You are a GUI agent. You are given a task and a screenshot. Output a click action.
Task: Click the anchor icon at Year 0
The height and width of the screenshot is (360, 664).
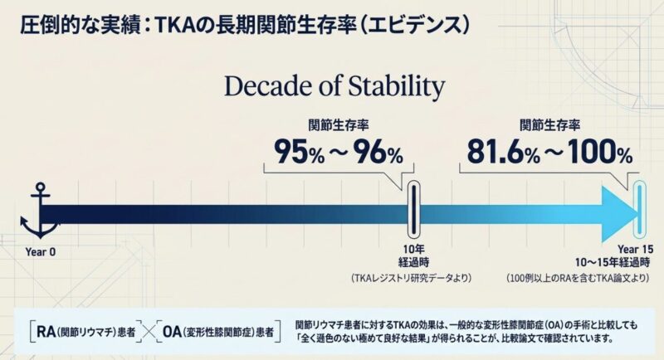37,212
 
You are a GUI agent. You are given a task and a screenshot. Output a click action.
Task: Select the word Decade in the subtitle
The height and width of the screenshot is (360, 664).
263,87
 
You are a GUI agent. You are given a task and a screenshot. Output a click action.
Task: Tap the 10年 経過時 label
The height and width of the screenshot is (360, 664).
413,255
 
